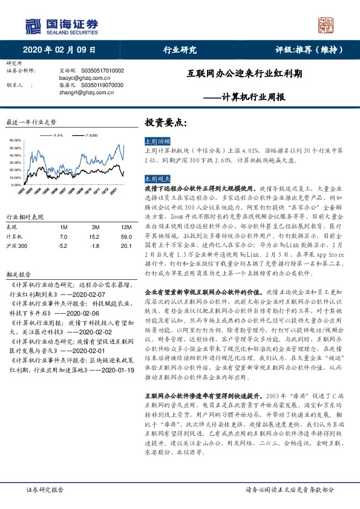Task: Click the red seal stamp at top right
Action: pyautogui.click(x=326, y=25)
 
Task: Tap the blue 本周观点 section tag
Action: pyautogui.click(x=157, y=179)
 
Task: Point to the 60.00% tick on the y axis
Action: pyautogui.click(x=16, y=141)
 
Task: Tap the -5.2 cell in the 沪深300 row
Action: pyautogui.click(x=64, y=247)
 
